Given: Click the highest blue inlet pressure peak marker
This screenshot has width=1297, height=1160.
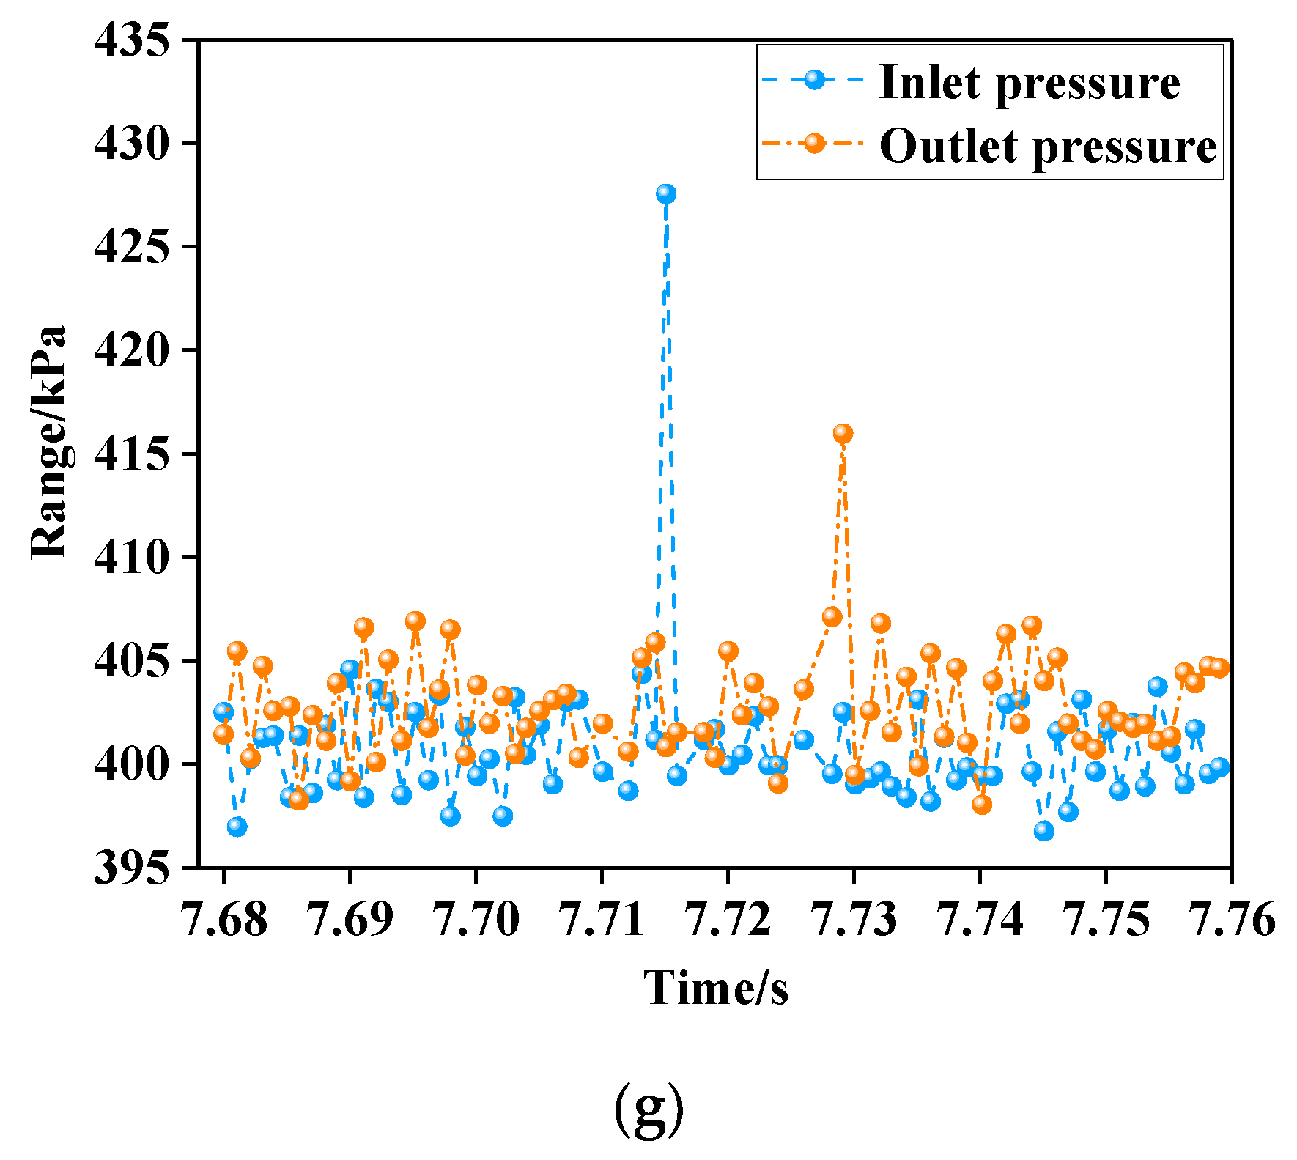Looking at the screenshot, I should (665, 193).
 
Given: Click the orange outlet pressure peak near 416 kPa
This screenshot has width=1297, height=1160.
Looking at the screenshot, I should (843, 433).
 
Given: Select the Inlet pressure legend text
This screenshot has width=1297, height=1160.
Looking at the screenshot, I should (1029, 82).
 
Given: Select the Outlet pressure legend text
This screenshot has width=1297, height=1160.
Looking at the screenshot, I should (1048, 146).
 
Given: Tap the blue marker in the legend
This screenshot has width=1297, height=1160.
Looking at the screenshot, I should (813, 79).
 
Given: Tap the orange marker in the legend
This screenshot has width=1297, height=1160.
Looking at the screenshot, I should (813, 143).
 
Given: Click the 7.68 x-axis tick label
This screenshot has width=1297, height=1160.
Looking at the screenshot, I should (223, 920).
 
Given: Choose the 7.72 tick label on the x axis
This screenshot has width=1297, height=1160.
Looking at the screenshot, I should (728, 920).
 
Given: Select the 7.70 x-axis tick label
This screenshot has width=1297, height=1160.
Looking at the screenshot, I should (476, 920).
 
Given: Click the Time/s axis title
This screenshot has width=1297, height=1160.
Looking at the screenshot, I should (716, 988).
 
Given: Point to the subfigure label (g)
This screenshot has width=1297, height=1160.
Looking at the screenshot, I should (648, 1109).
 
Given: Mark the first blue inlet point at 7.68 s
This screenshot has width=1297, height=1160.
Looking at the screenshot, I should (223, 711).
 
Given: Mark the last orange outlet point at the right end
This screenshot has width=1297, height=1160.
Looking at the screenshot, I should (1219, 668).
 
